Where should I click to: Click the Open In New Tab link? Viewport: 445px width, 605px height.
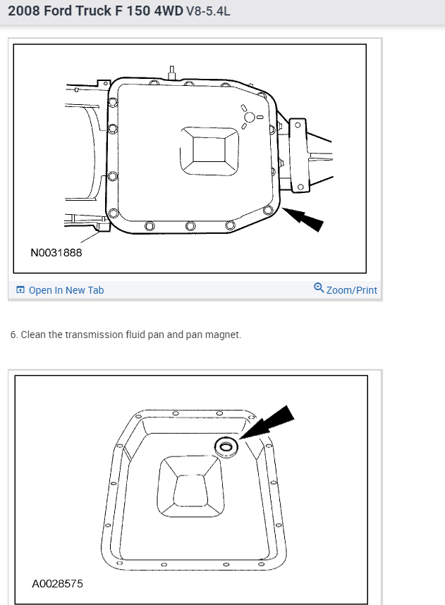tap(66, 290)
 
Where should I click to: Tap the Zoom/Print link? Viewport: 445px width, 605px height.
tap(351, 290)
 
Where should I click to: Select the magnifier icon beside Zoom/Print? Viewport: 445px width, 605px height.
tap(319, 288)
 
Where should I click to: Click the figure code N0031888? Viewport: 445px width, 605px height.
tap(56, 252)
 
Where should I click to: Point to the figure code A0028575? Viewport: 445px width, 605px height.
tap(57, 584)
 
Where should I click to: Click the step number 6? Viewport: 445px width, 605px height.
tap(13, 335)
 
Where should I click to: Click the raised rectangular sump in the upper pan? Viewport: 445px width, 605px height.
tap(209, 149)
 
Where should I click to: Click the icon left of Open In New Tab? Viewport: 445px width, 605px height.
tap(20, 290)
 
